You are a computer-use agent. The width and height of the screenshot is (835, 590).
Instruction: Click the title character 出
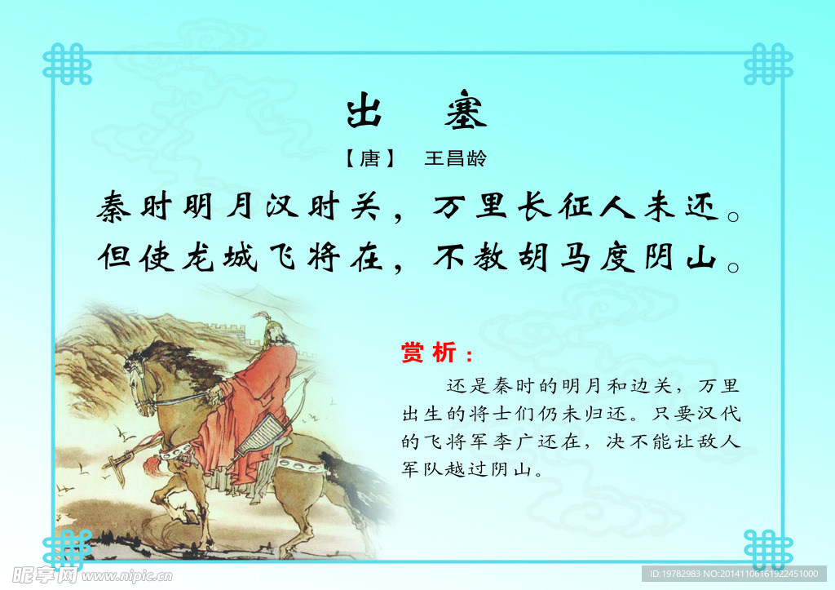tap(364, 113)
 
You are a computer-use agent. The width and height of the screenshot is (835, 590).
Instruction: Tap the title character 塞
tap(466, 113)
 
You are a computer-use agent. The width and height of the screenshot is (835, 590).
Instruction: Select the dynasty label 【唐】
tap(370, 158)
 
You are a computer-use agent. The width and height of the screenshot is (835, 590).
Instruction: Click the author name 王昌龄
tap(455, 158)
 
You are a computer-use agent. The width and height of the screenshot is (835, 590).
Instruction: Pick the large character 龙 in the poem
tap(200, 258)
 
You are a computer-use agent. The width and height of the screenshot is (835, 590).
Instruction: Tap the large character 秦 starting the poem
tap(115, 207)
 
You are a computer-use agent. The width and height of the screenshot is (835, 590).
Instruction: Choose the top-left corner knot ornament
tap(67, 64)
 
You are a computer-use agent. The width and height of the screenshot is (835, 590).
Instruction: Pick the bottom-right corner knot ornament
tap(767, 549)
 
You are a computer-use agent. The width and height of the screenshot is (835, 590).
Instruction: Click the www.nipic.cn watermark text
tap(127, 576)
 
